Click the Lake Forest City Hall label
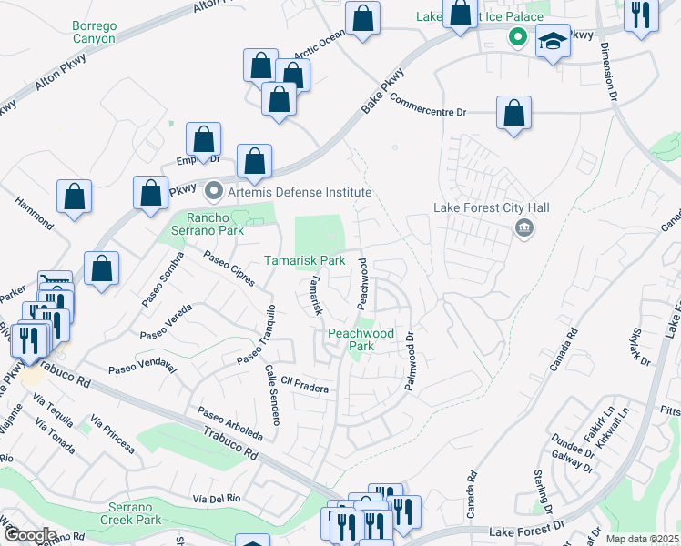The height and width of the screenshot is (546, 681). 492,207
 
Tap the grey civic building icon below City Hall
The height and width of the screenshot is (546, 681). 523,227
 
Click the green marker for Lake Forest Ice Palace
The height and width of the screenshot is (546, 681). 517,37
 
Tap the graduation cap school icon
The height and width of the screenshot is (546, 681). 553,42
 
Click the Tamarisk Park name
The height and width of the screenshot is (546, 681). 304,260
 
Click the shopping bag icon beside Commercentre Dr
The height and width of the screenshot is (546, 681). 514,114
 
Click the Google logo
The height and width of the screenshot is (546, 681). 30,534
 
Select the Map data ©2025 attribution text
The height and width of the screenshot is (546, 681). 642,539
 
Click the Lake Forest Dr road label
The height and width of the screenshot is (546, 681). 527,530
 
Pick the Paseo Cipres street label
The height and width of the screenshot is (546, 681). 230,266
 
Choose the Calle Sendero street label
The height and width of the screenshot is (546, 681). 271,396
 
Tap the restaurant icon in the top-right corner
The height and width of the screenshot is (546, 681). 641,16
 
